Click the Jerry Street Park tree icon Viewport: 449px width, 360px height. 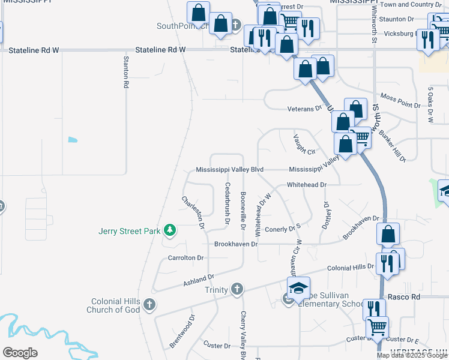tap(170, 230)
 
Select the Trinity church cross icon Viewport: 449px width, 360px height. tap(237, 290)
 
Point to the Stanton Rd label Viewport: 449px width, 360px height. tap(126, 73)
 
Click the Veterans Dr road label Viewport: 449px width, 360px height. tap(305, 109)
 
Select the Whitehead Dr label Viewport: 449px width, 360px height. tap(306, 185)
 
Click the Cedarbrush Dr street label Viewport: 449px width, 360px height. tap(228, 203)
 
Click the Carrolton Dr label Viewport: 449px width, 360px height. tap(185, 257)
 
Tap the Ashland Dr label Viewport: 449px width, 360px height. tap(199, 280)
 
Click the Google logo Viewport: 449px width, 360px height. tap(20, 353)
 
